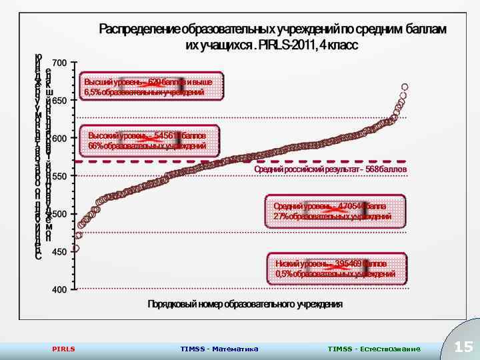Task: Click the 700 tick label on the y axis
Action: pyautogui.click(x=59, y=63)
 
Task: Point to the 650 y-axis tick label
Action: pyautogui.click(x=59, y=101)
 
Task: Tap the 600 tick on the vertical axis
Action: pyautogui.click(x=59, y=139)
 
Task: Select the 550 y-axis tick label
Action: pyautogui.click(x=59, y=177)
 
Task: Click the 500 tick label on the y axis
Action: pyautogui.click(x=59, y=215)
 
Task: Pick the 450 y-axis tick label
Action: pyautogui.click(x=59, y=252)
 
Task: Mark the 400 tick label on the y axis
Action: pyautogui.click(x=59, y=290)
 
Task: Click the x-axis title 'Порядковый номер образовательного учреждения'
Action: pyautogui.click(x=245, y=304)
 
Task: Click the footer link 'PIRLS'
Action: pyautogui.click(x=63, y=349)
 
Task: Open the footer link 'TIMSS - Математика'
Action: pyautogui.click(x=219, y=349)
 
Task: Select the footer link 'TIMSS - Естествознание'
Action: pyautogui.click(x=374, y=349)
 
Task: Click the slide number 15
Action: pyautogui.click(x=463, y=347)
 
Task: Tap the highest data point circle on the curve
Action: pyautogui.click(x=404, y=87)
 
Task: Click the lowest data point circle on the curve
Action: pyautogui.click(x=76, y=248)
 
